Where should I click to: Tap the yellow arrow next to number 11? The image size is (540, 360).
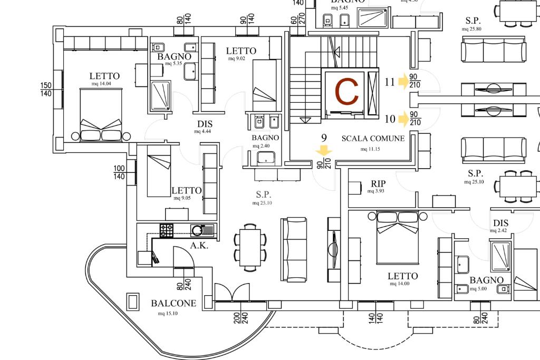click(404, 82)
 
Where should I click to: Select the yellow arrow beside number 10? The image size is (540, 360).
click(404, 119)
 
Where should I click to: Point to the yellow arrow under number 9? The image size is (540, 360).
click(324, 152)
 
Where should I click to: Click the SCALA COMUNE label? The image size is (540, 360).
click(373, 139)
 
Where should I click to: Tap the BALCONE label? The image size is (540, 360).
click(173, 303)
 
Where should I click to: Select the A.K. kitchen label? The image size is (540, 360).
click(199, 246)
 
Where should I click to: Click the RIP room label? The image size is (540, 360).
click(378, 183)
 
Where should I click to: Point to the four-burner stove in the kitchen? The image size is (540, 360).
click(167, 230)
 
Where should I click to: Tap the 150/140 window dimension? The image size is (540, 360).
click(46, 89)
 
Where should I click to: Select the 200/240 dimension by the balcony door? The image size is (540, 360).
click(240, 317)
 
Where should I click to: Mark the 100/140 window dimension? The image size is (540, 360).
click(120, 172)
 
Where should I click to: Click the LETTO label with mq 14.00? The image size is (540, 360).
click(402, 276)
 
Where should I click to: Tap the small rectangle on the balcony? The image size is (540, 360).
click(132, 301)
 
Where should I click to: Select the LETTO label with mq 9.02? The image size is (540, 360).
click(241, 51)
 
